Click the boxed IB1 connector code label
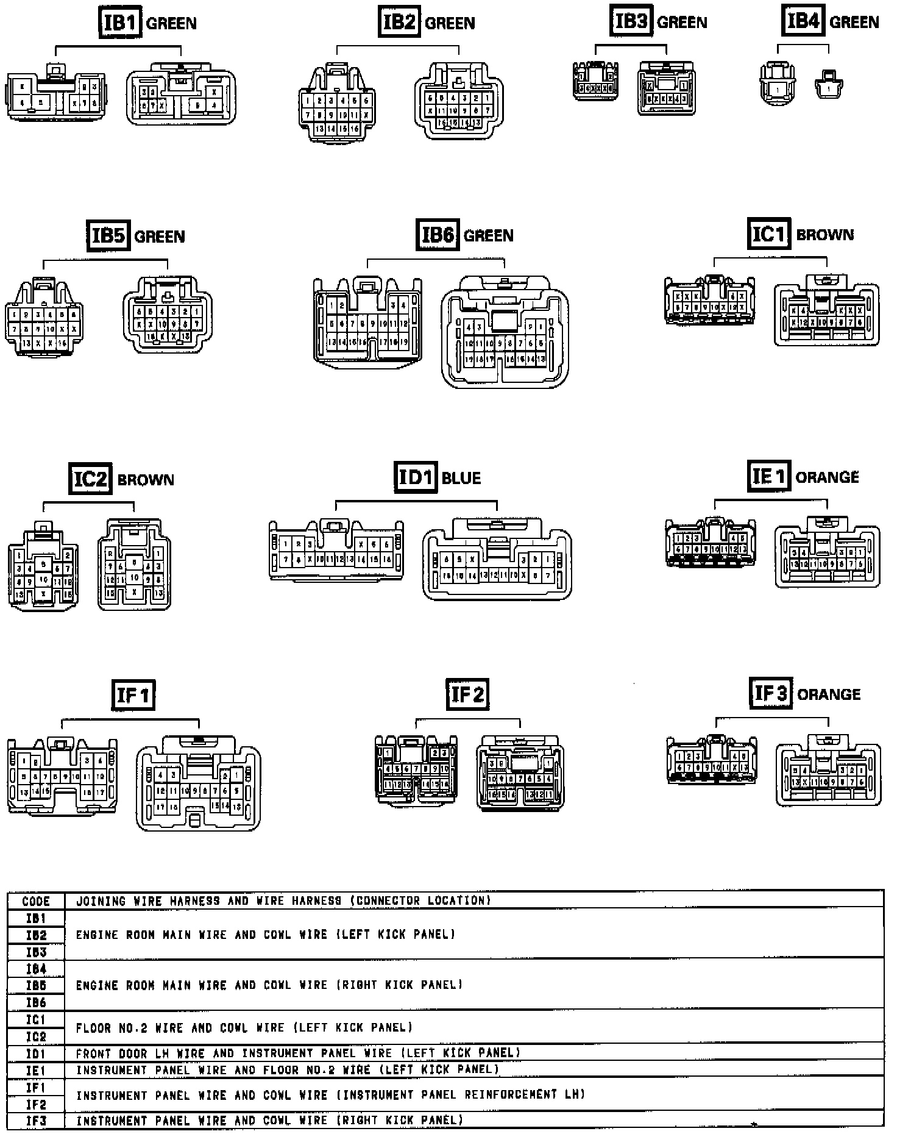(120, 23)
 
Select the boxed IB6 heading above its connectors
(438, 235)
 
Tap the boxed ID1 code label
(416, 477)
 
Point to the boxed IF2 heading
(467, 694)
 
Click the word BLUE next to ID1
(461, 478)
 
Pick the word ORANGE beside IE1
(828, 477)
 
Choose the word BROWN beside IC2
(146, 480)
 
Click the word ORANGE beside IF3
(829, 694)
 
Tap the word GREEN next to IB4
(854, 23)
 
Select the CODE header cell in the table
(36, 901)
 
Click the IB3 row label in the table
(36, 952)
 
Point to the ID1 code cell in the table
(36, 1054)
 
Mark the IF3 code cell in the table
(36, 1121)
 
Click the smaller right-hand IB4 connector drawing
(829, 85)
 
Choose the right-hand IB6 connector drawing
(505, 332)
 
